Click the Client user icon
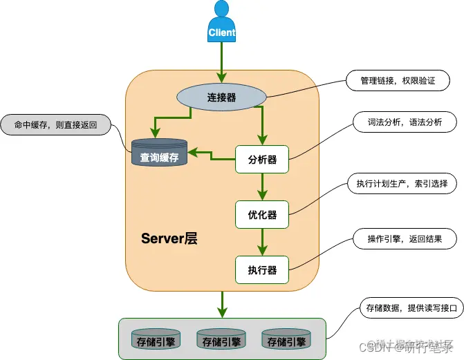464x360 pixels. [x=221, y=21]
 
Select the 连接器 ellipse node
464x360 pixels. [x=221, y=97]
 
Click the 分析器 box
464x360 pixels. [x=262, y=160]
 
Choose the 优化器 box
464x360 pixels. [x=262, y=215]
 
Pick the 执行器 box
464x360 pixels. [x=262, y=270]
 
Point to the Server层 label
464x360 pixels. [x=169, y=239]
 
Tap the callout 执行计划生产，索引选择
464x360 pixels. [x=402, y=184]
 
